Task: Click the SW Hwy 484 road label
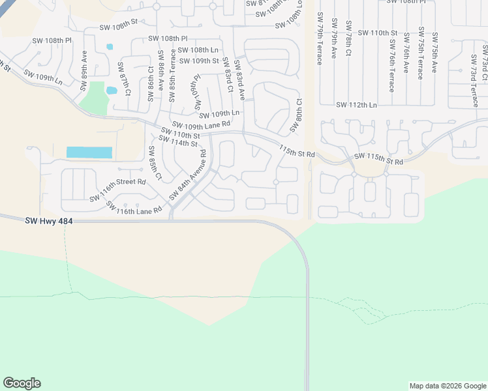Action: point(49,222)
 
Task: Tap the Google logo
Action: point(22,383)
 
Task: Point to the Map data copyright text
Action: point(447,386)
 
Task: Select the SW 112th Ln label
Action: point(356,105)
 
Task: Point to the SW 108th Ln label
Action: point(198,50)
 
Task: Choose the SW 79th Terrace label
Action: point(319,38)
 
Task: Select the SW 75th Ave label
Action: point(435,50)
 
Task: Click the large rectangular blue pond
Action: point(89,152)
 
